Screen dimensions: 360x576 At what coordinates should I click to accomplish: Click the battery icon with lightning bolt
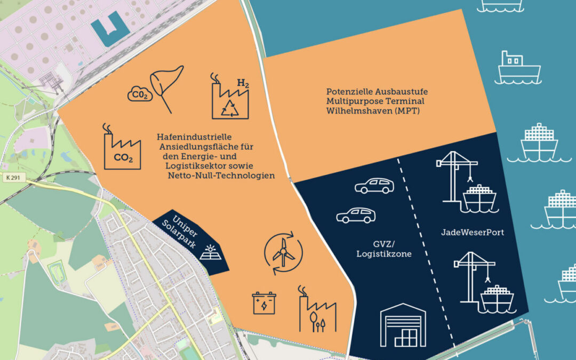[264, 302]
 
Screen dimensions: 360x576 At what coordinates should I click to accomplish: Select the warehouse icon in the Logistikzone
[403, 325]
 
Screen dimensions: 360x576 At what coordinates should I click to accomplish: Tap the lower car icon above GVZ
[356, 215]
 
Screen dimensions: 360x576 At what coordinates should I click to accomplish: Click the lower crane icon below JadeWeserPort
[476, 283]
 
